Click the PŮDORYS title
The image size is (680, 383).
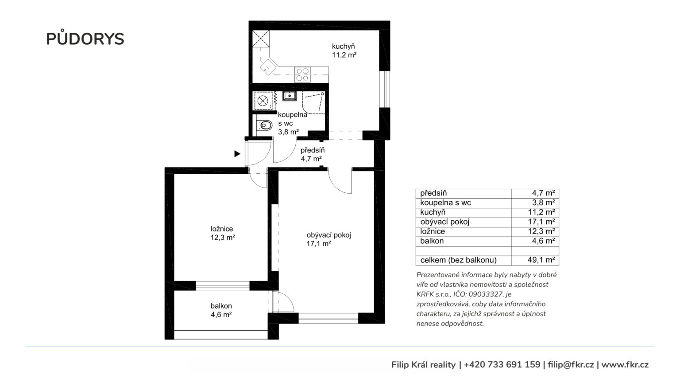coord(85,38)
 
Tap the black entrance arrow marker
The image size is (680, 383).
coord(237,154)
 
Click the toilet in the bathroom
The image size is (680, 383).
coord(265,125)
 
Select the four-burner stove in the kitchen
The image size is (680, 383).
coord(302,74)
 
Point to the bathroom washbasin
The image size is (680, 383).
coord(290,96)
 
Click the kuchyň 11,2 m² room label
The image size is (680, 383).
coord(344,51)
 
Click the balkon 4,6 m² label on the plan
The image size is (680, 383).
coord(221,310)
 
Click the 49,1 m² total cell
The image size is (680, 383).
coord(541,260)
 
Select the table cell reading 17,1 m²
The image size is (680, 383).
coord(541,222)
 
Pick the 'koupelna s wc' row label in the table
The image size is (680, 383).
coord(445,203)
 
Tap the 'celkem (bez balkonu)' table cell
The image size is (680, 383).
coord(458,260)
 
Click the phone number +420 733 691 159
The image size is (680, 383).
coord(502,365)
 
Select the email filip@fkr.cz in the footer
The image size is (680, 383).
coord(571,365)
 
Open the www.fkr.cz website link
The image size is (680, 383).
coord(625,365)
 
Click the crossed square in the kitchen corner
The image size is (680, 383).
coord(261,39)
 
